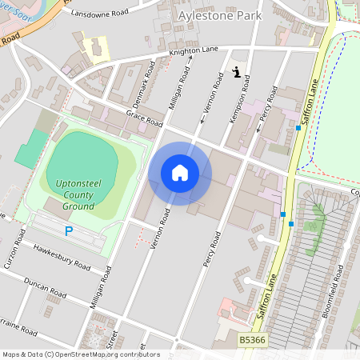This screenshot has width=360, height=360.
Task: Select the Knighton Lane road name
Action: click(193, 52)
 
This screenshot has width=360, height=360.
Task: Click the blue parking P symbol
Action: click(69, 231)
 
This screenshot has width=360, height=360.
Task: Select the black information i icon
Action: click(237, 72)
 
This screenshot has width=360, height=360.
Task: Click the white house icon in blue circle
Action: click(180, 173)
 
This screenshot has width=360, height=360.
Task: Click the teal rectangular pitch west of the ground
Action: click(30, 149)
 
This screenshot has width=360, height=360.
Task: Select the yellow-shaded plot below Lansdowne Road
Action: click(96, 49)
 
